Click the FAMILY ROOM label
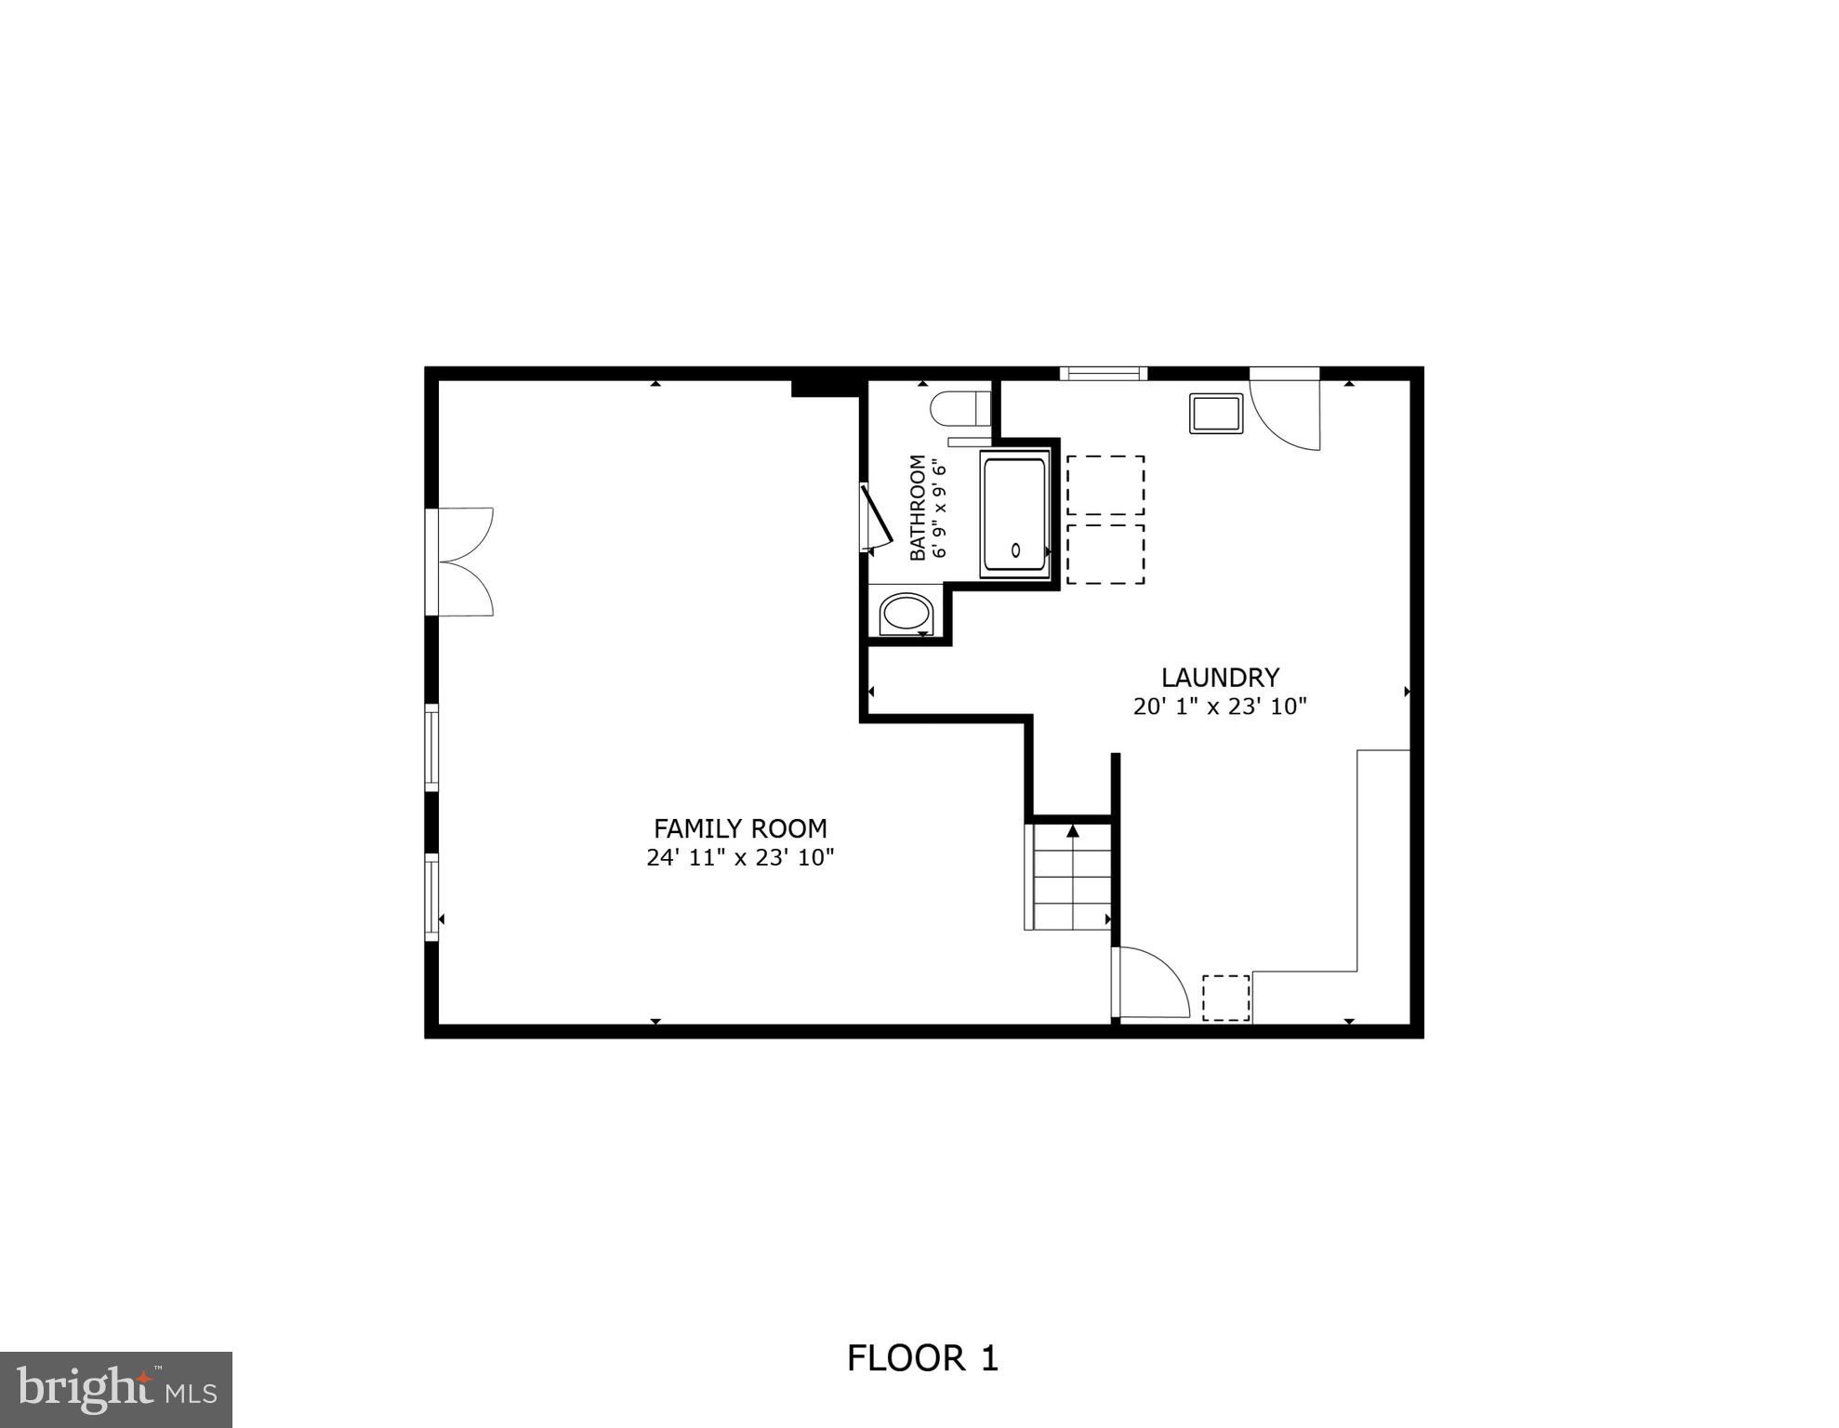740,827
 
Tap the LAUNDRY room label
1220,677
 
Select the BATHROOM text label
918,507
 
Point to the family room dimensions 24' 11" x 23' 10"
740,857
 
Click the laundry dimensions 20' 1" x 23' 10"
1220,707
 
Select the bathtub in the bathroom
1015,513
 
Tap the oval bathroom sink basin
906,615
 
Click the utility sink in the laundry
1215,413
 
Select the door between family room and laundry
1150,984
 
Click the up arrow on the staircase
1073,830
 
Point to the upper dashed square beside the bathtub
1105,484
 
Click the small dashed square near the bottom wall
1225,998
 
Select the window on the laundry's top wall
1103,374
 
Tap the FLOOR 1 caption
921,1358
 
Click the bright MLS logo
115,1389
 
